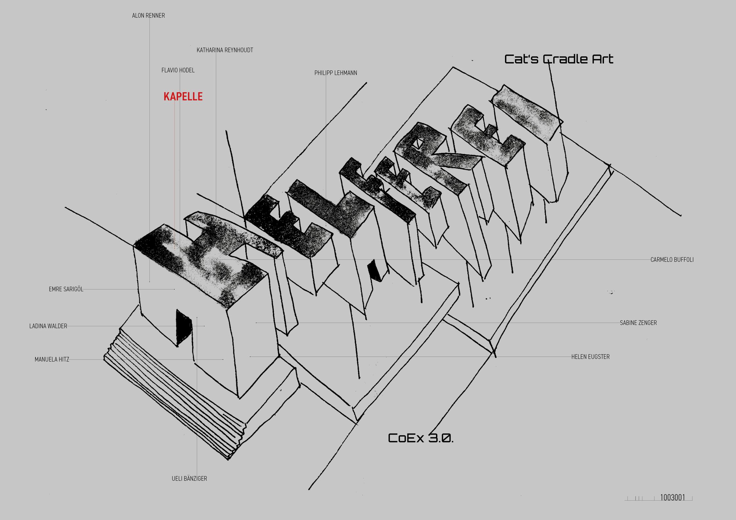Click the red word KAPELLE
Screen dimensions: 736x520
point(183,97)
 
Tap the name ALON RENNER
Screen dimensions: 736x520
point(149,15)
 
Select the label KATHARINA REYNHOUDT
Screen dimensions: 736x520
point(225,50)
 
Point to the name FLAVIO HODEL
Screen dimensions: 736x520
point(178,70)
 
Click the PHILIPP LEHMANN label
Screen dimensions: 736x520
point(336,73)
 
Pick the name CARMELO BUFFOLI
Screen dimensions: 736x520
point(672,260)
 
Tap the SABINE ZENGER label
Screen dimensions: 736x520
point(638,323)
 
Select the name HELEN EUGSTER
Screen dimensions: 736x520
point(590,357)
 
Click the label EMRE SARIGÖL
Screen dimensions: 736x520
point(66,289)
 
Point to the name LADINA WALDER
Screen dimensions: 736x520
point(48,326)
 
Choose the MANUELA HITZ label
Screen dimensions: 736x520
point(52,359)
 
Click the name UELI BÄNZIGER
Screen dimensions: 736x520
point(189,479)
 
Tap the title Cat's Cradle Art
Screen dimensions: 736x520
point(559,59)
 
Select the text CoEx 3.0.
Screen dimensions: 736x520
point(421,438)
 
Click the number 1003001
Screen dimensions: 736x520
point(673,498)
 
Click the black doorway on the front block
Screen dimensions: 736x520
point(183,327)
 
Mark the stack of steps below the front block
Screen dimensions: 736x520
point(174,394)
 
